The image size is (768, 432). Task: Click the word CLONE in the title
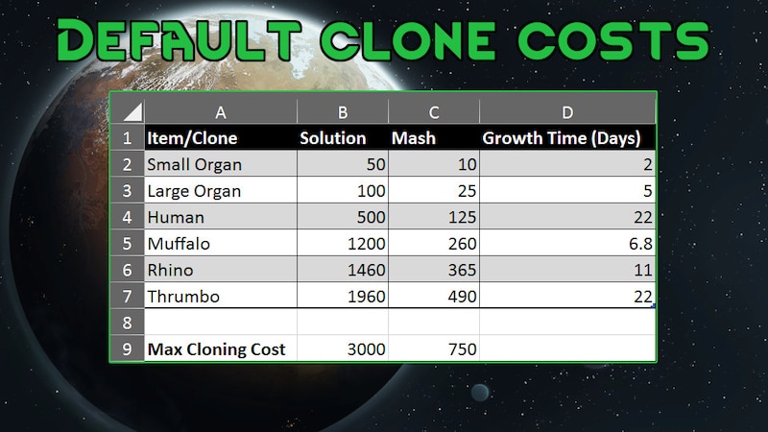(409, 40)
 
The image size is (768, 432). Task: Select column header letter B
(343, 112)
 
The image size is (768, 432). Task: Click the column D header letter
(567, 112)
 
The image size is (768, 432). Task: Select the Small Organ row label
(195, 164)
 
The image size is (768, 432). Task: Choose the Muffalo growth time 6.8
(640, 244)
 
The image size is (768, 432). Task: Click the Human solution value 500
(372, 217)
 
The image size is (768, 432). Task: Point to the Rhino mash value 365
(463, 270)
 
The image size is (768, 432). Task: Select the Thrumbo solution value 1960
(367, 297)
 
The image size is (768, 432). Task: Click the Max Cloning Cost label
(216, 349)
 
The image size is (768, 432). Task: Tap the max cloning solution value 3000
(367, 349)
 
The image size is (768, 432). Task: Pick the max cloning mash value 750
(463, 349)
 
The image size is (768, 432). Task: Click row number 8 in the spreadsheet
(127, 323)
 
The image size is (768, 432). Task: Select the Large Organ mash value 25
(468, 190)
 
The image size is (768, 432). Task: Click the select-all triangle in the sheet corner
(132, 111)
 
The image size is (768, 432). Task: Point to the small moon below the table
(479, 393)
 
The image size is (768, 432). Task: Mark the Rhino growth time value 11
(643, 270)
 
